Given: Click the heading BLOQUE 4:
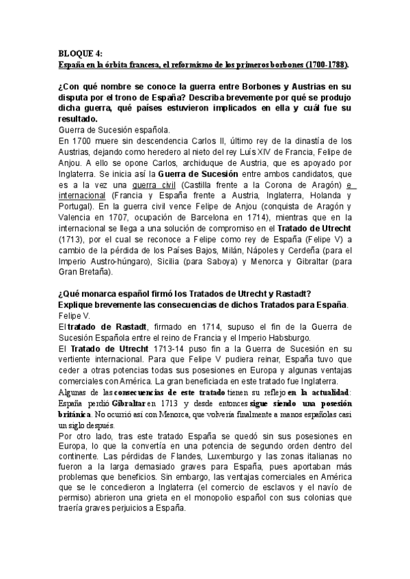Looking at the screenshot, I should [x=79, y=54].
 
